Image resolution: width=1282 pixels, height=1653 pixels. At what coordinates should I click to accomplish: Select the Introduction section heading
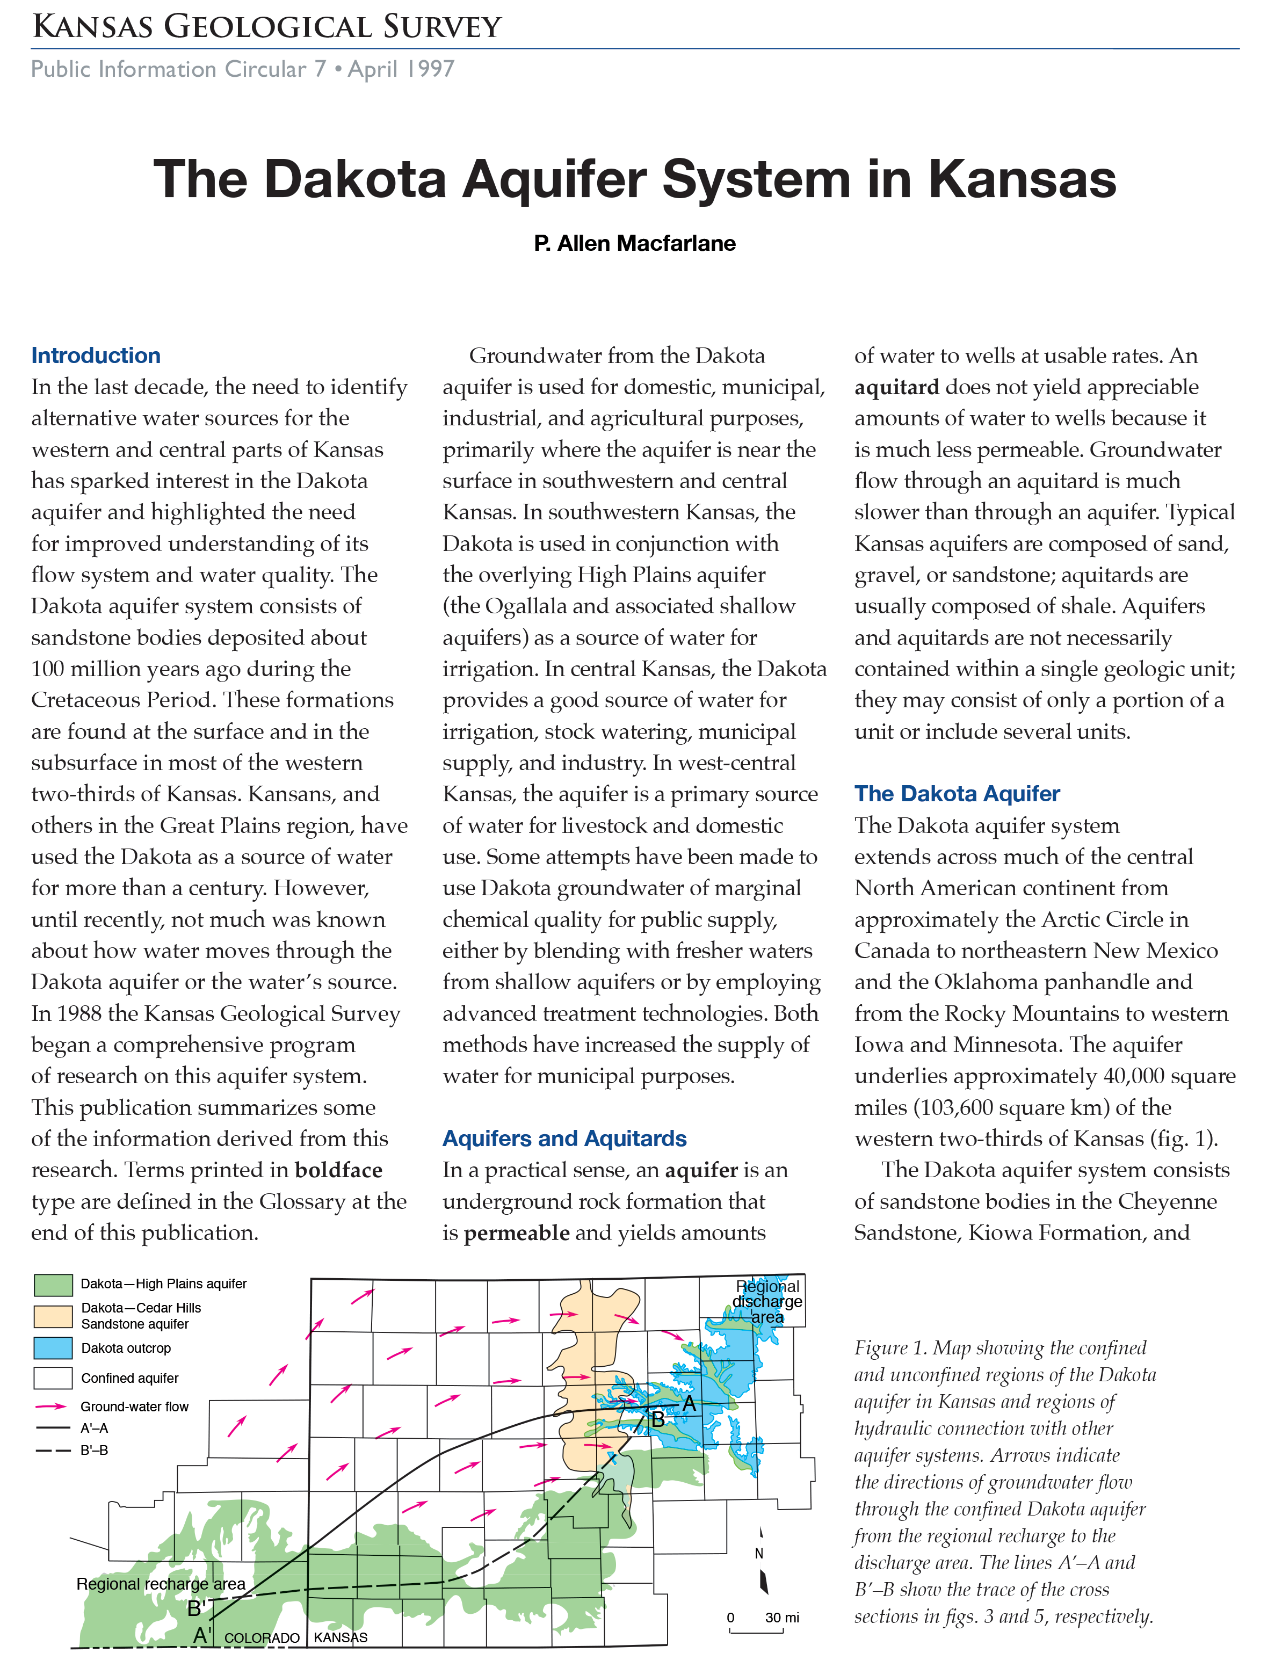click(x=96, y=355)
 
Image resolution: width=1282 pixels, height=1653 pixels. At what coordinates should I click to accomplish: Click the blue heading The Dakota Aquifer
click(x=957, y=793)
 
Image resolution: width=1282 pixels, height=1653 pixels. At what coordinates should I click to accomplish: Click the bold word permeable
click(x=516, y=1233)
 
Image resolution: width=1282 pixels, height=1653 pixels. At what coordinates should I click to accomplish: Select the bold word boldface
click(x=338, y=1170)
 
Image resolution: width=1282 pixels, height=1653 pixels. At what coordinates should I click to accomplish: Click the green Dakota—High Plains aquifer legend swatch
click(x=53, y=1285)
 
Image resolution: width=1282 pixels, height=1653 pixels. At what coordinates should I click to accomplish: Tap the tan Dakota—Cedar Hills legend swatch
click(x=53, y=1315)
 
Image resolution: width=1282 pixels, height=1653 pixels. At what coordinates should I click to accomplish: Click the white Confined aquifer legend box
click(x=53, y=1378)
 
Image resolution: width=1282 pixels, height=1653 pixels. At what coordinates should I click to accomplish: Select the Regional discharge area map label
click(x=767, y=1302)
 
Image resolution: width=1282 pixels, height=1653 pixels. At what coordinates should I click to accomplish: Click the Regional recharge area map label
click(x=161, y=1584)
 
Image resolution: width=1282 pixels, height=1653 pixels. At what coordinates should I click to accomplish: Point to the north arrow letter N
click(x=759, y=1553)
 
